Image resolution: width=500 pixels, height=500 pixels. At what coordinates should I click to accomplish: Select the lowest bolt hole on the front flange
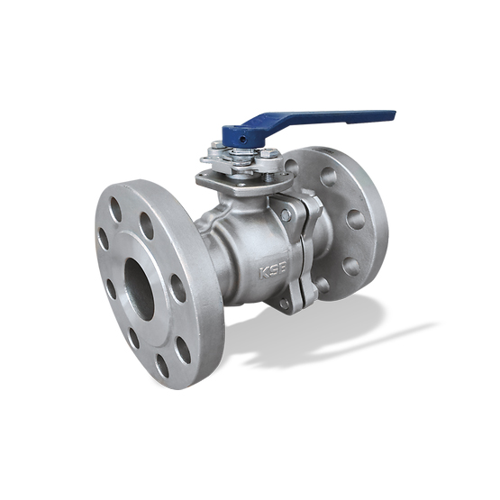coord(162,365)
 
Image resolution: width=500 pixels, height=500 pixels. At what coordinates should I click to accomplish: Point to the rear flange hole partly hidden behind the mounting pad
coord(291,167)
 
